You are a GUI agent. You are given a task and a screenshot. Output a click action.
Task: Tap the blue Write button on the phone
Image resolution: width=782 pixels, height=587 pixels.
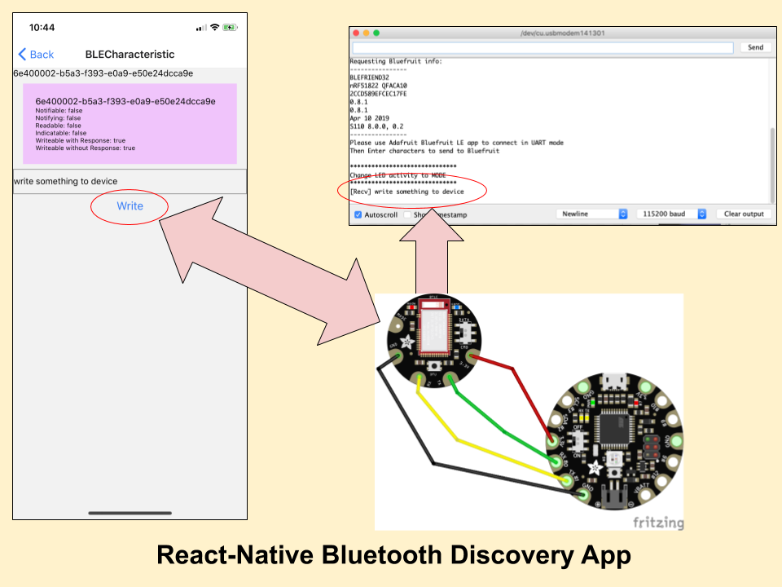[x=130, y=206]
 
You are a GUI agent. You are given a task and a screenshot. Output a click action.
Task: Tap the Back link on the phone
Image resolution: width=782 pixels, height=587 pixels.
[x=36, y=55]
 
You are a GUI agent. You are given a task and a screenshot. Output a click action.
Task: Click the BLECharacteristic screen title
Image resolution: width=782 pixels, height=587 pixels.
[x=130, y=55]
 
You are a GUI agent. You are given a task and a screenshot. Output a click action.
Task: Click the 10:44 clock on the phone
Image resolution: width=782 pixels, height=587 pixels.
[x=42, y=28]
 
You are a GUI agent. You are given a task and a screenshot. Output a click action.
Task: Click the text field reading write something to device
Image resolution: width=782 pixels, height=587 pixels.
[x=130, y=181]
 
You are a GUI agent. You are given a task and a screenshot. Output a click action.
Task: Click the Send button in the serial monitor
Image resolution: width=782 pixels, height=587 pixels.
[x=755, y=47]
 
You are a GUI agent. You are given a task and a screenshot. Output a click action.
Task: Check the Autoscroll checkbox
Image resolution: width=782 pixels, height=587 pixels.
[x=358, y=214]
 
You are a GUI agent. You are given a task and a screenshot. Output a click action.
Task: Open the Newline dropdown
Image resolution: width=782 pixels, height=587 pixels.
[x=593, y=214]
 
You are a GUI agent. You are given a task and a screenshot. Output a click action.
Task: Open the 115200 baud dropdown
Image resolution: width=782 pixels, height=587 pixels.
[x=672, y=214]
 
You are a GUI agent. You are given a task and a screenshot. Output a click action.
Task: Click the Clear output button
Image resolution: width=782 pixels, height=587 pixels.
[x=744, y=214]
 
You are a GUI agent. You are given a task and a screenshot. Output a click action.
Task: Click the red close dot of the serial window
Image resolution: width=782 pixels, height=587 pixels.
[x=355, y=33]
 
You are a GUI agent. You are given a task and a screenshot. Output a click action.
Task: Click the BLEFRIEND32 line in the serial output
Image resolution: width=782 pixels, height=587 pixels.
[x=370, y=77]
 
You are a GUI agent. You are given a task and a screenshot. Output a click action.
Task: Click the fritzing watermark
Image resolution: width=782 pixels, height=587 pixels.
[x=658, y=523]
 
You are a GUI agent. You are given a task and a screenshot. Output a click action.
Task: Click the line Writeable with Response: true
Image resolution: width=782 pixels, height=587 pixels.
[x=81, y=140]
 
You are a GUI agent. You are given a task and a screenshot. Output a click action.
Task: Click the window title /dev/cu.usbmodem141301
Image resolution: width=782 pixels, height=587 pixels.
[x=562, y=33]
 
